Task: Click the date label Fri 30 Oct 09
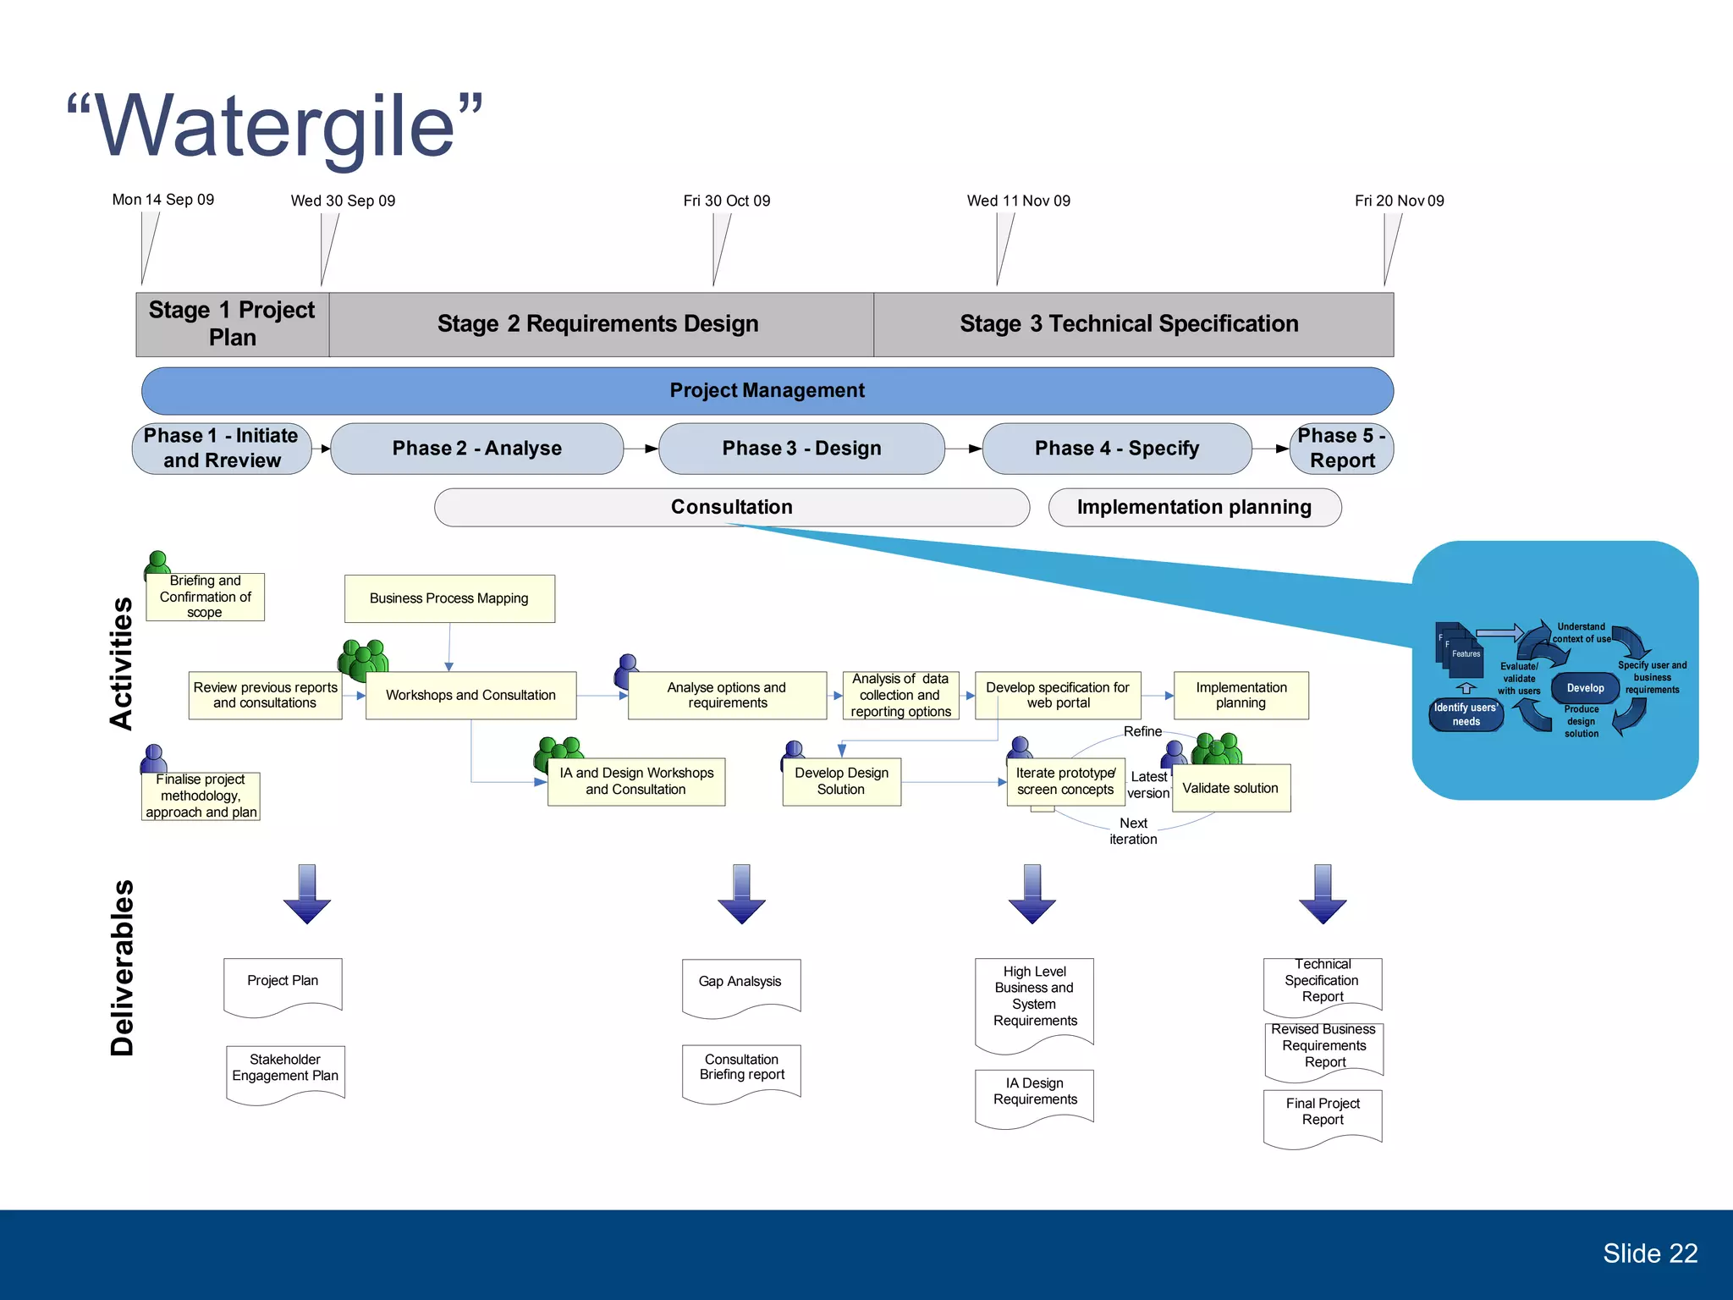[726, 201]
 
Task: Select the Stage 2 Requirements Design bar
[599, 324]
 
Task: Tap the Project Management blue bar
[767, 390]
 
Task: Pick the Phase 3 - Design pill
[800, 449]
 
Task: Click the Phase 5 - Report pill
[1341, 449]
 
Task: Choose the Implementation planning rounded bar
[1194, 507]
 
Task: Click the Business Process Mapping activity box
[449, 598]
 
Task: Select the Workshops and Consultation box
[470, 695]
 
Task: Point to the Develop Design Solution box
[841, 781]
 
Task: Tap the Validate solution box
[1230, 788]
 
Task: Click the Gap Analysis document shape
[740, 984]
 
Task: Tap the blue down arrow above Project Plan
[307, 894]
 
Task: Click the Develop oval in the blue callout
[1585, 688]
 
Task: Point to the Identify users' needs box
[1466, 714]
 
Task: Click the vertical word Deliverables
[123, 967]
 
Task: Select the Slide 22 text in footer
[1649, 1253]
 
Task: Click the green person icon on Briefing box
[157, 562]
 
